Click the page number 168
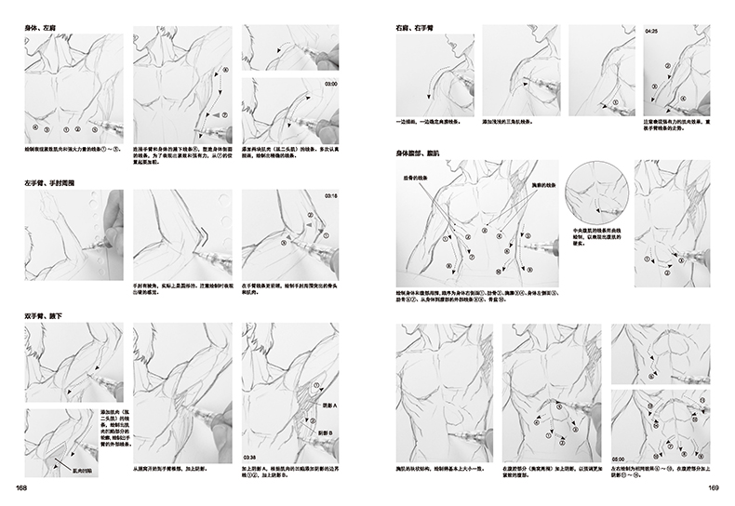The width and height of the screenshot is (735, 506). pyautogui.click(x=19, y=489)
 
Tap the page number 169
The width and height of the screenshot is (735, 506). pyautogui.click(x=715, y=489)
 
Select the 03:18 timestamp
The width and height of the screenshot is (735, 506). pyautogui.click(x=330, y=197)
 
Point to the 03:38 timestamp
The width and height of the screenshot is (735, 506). pyautogui.click(x=250, y=457)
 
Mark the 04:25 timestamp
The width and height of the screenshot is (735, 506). pyautogui.click(x=651, y=32)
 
